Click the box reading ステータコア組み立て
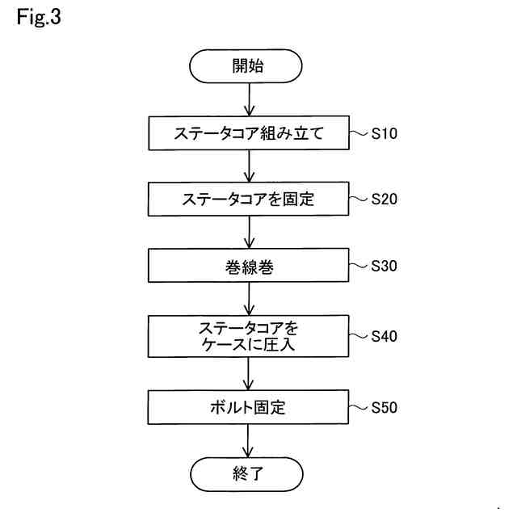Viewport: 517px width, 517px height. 248,133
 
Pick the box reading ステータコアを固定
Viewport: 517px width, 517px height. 248,199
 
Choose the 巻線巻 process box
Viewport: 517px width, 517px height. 248,266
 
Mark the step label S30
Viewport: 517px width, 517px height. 384,266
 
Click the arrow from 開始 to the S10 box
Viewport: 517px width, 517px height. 249,100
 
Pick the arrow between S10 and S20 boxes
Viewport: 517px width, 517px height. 249,166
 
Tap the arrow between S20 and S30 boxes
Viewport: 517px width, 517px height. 249,232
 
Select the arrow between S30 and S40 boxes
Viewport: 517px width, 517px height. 249,299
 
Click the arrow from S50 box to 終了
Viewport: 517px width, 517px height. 249,441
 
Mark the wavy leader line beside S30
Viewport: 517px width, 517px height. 359,265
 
